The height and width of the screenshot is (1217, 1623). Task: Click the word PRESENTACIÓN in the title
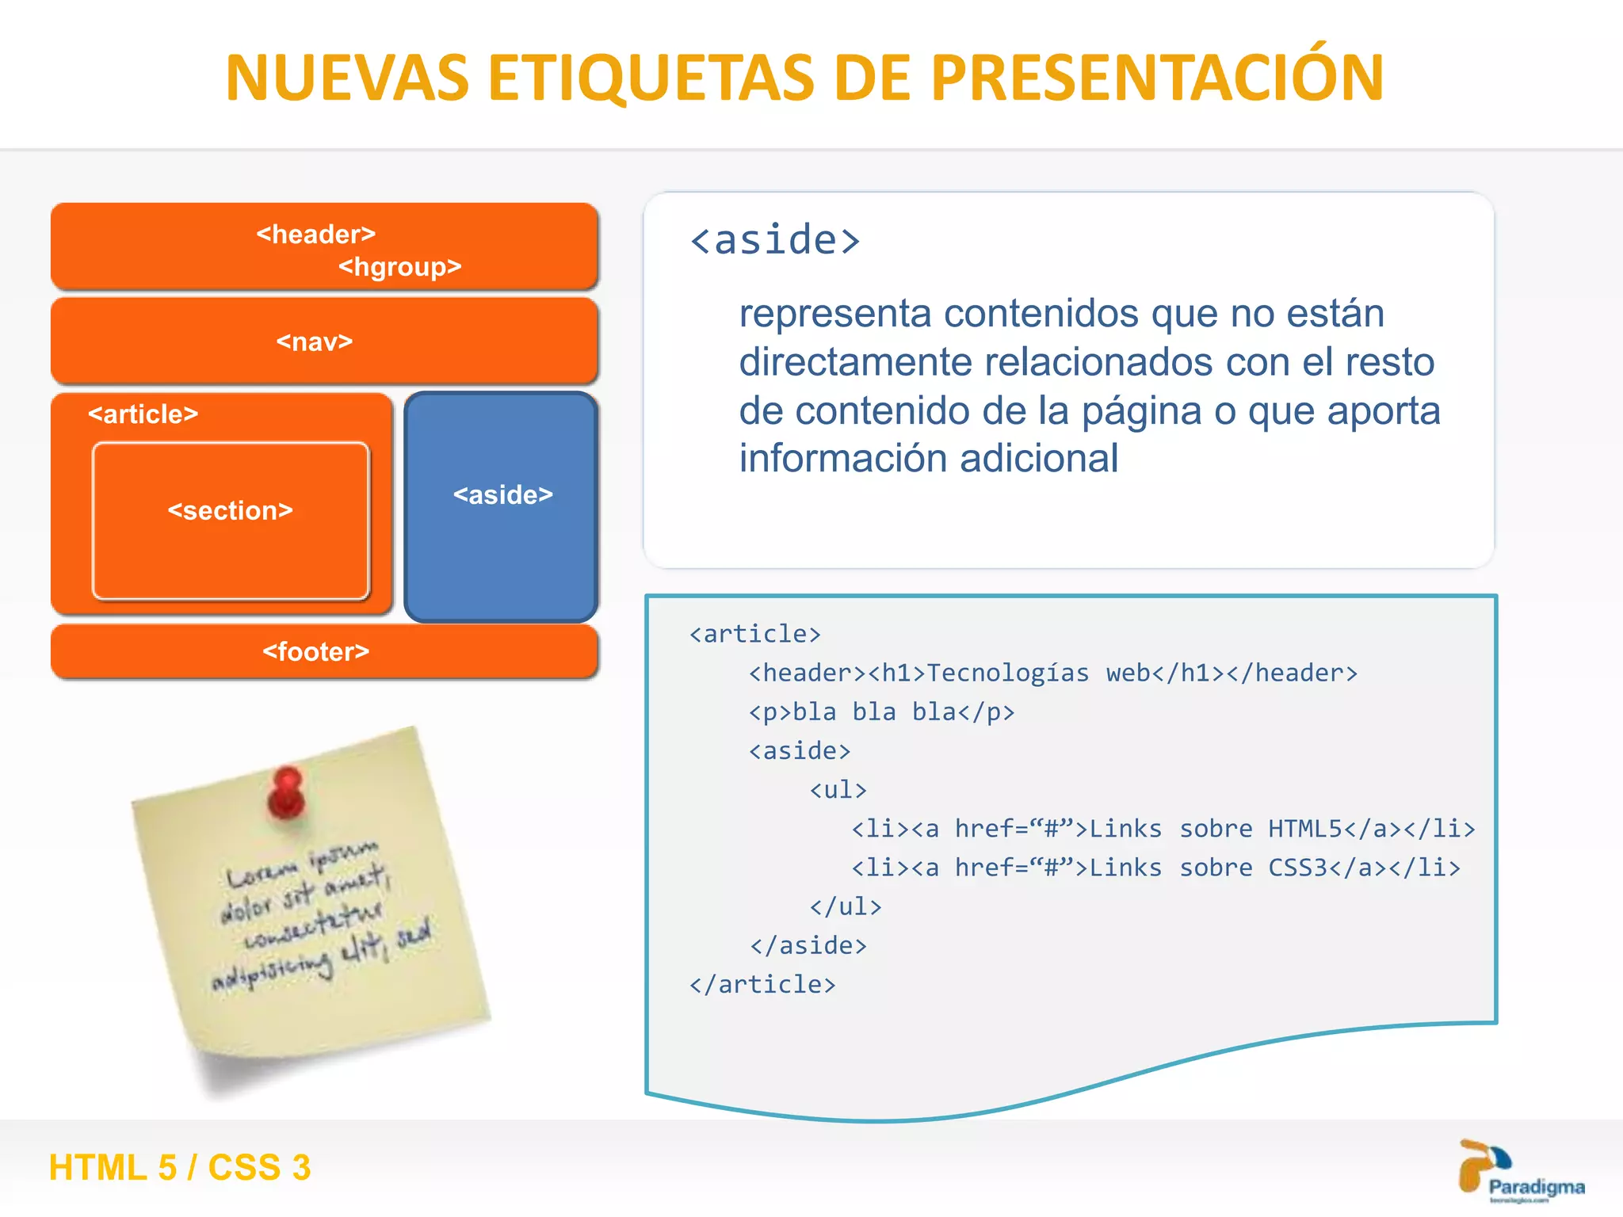(1157, 78)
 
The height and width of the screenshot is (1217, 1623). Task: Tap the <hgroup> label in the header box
(399, 267)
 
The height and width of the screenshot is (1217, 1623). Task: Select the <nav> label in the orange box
(315, 341)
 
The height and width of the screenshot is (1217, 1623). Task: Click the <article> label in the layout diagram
(143, 414)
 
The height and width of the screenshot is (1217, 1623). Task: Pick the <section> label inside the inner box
(230, 510)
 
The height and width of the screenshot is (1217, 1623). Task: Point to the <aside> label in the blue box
(502, 495)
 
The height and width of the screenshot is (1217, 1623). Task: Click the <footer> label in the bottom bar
(315, 651)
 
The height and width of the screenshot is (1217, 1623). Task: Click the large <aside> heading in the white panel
(774, 240)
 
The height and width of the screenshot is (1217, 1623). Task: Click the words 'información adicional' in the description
(928, 459)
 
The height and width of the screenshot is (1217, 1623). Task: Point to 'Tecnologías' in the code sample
(1007, 673)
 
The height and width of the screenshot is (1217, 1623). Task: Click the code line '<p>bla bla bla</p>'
(881, 712)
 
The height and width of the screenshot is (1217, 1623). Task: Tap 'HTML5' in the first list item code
(1304, 829)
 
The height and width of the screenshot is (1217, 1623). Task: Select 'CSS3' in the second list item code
(1296, 868)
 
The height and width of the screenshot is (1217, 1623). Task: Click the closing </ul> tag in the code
(845, 906)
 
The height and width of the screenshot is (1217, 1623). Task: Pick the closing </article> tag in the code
(762, 984)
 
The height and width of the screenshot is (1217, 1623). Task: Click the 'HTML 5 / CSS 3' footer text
(180, 1167)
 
